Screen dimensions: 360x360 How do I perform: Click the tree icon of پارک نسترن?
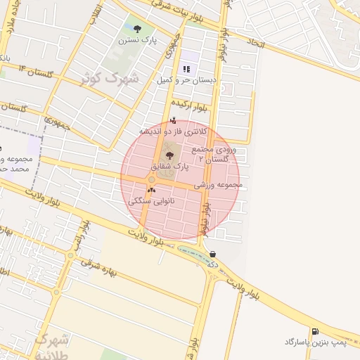pyautogui.click(x=137, y=29)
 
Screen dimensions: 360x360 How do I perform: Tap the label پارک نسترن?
pyautogui.click(x=139, y=41)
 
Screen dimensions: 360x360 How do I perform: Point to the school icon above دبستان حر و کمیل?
pyautogui.click(x=187, y=69)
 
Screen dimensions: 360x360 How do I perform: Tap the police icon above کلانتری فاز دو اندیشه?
pyautogui.click(x=173, y=120)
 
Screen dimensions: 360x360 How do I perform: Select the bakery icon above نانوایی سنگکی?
pyautogui.click(x=151, y=190)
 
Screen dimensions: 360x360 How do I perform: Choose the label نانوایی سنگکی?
pyautogui.click(x=152, y=201)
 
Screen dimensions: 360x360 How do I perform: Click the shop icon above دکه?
pyautogui.click(x=212, y=254)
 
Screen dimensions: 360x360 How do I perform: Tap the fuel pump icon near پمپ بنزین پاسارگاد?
pyautogui.click(x=314, y=331)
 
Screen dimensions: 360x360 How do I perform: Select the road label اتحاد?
pyautogui.click(x=256, y=44)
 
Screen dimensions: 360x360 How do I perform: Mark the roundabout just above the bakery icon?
pyautogui.click(x=151, y=179)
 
